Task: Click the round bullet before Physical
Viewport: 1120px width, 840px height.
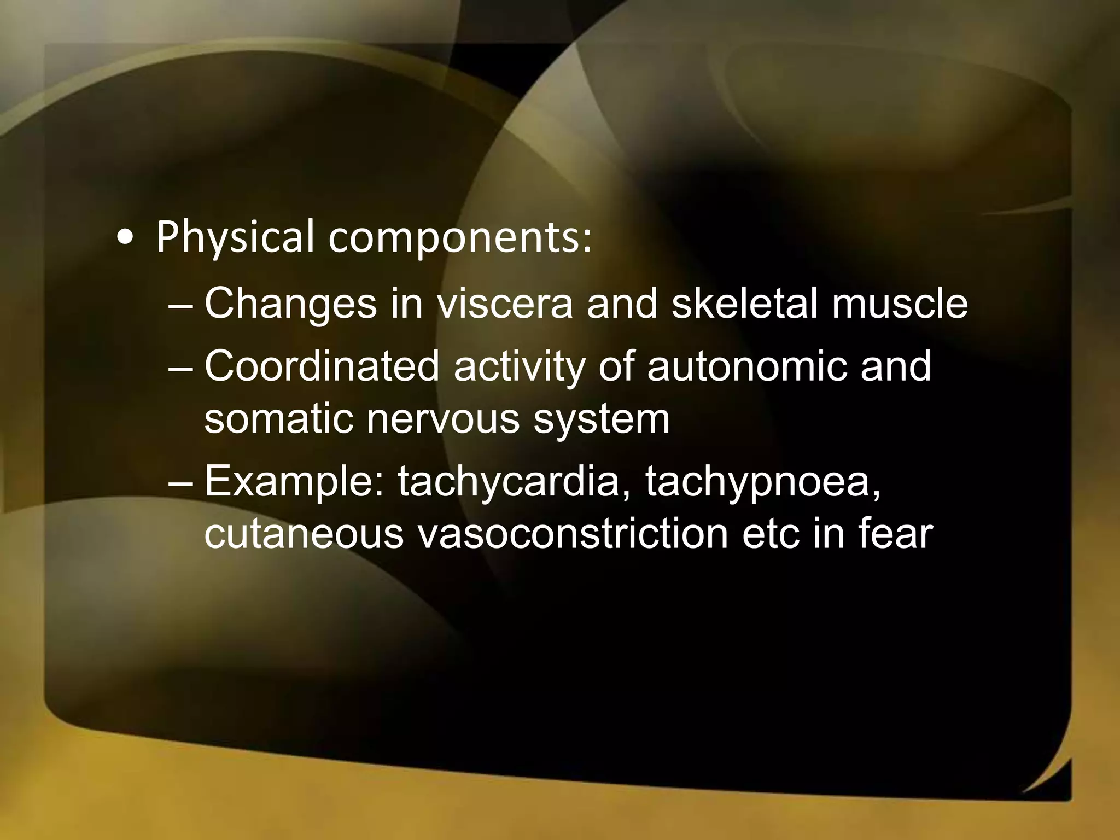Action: [126, 238]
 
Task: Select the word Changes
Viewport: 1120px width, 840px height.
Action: [290, 304]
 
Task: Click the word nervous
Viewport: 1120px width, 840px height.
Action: [443, 419]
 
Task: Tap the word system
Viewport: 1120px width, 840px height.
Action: [601, 421]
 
